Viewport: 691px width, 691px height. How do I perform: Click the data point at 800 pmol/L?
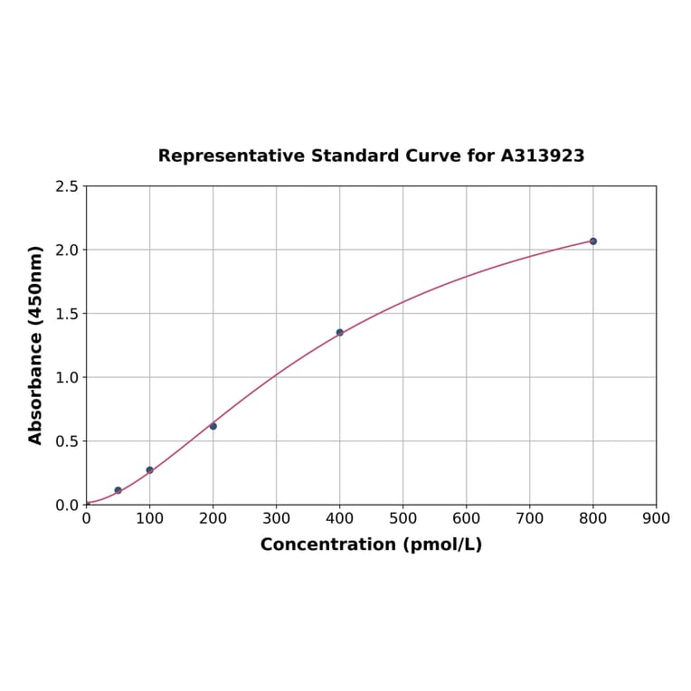pyautogui.click(x=593, y=241)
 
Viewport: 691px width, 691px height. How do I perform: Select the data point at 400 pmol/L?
pyautogui.click(x=340, y=332)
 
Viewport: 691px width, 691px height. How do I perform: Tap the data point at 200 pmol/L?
pyautogui.click(x=213, y=426)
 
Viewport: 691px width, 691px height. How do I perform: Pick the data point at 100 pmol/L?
pyautogui.click(x=150, y=470)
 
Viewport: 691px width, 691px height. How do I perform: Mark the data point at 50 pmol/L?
pyautogui.click(x=118, y=490)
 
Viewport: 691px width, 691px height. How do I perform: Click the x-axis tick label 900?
pyautogui.click(x=656, y=519)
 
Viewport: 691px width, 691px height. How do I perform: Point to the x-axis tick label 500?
pyautogui.click(x=403, y=519)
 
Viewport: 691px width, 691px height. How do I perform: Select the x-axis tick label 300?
pyautogui.click(x=277, y=519)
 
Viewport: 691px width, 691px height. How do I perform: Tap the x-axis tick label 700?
pyautogui.click(x=530, y=519)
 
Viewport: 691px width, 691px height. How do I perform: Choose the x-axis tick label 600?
pyautogui.click(x=467, y=519)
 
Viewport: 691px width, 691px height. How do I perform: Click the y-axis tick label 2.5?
pyautogui.click(x=66, y=186)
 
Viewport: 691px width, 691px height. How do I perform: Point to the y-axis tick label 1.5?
pyautogui.click(x=66, y=314)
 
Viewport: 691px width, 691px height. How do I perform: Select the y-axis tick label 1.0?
pyautogui.click(x=66, y=377)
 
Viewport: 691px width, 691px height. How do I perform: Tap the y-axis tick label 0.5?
pyautogui.click(x=66, y=441)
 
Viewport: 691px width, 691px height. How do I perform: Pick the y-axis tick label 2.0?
pyautogui.click(x=66, y=250)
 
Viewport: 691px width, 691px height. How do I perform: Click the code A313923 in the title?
pyautogui.click(x=543, y=156)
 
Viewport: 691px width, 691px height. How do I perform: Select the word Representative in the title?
pyautogui.click(x=232, y=156)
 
